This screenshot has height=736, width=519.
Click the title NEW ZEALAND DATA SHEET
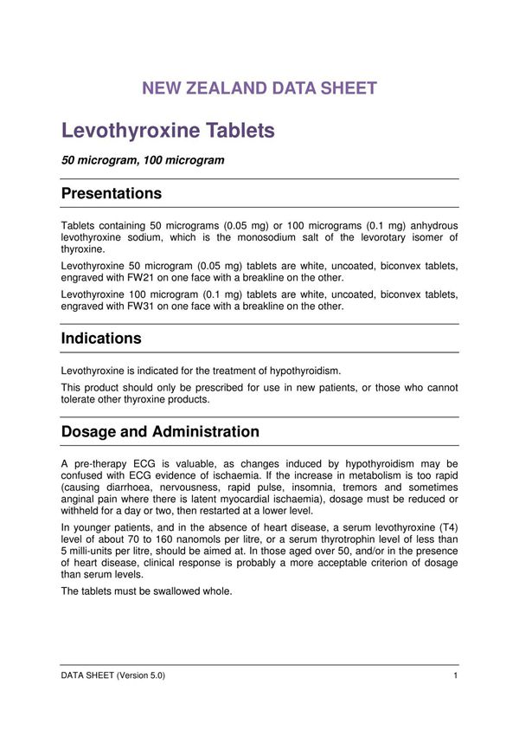[259, 88]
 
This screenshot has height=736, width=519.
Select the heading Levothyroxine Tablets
[168, 131]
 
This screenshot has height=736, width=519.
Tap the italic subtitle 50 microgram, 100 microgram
[143, 160]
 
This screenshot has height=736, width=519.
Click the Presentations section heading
[111, 193]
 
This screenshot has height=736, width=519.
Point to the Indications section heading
[101, 338]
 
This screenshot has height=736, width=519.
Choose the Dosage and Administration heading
[160, 431]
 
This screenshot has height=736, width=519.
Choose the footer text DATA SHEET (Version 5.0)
[112, 675]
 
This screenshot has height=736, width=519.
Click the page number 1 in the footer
[455, 675]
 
